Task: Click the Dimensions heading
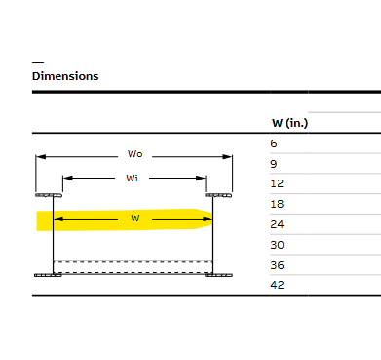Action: tap(65, 76)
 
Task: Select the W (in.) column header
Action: tap(289, 122)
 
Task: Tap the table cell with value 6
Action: tap(274, 143)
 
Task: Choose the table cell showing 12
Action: tap(277, 183)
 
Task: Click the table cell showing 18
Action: tap(277, 204)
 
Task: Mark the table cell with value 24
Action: tap(277, 223)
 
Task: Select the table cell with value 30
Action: tap(277, 244)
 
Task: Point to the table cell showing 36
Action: tap(277, 264)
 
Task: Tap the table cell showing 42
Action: tap(277, 284)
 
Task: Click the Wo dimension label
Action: tap(135, 154)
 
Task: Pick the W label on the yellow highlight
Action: tap(135, 219)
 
